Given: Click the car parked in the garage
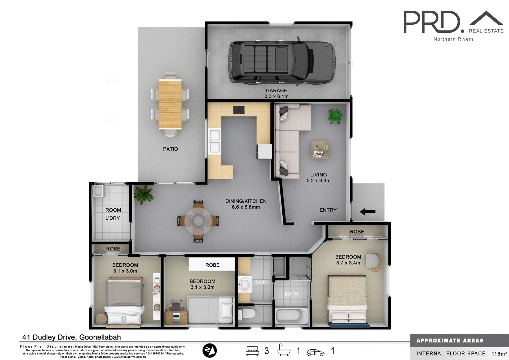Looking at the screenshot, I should coord(282,63).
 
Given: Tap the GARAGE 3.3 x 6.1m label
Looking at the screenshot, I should coord(276,93).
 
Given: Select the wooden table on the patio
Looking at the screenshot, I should coord(170,104).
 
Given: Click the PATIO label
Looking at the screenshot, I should coord(170,149).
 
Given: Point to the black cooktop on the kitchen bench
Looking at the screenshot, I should coord(239,110).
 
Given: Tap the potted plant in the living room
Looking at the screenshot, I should coord(335,116).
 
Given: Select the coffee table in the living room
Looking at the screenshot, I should coord(320,150).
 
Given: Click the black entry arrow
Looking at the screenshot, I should coord(367,212).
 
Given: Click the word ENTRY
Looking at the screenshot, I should coord(328,210).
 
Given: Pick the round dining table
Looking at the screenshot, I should coord(198,221).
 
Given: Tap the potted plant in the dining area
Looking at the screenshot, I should coord(143,195).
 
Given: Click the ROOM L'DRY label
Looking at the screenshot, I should coord(113,214).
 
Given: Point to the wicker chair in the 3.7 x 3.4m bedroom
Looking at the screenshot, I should coord(374,262).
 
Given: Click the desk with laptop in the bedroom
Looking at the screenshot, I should coord(176,317).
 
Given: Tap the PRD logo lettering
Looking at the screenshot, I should coord(432,22).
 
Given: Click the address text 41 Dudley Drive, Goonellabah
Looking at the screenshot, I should coord(72,337).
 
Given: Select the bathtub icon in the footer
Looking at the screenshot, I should coord(284,350).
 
